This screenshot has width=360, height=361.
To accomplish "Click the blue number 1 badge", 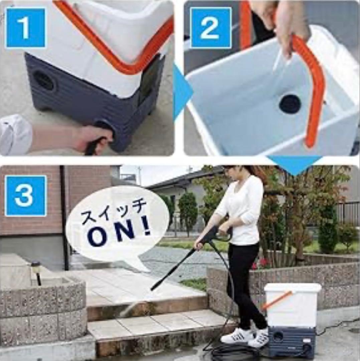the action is click(25, 28).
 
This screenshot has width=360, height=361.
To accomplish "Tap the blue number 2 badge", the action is click(210, 28).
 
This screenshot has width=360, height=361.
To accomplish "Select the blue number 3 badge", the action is click(25, 195).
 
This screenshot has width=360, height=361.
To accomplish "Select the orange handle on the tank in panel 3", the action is click(277, 299).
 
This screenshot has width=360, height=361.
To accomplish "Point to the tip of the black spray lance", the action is click(152, 289).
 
